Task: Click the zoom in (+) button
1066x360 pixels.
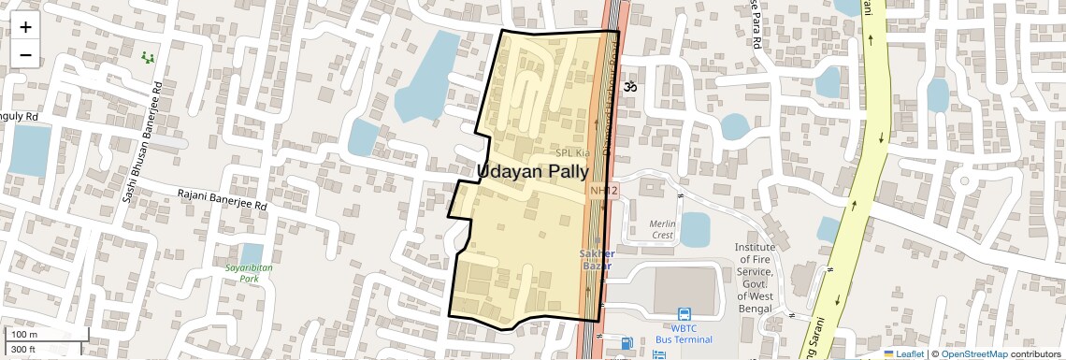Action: [x=25, y=26]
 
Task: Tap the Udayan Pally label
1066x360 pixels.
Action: [x=533, y=171]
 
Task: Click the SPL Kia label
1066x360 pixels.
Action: [x=572, y=152]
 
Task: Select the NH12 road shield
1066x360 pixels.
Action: [x=604, y=191]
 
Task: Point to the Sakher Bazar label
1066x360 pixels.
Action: [x=597, y=259]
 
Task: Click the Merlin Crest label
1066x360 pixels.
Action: [x=662, y=229]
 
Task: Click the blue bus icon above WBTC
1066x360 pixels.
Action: [x=684, y=314]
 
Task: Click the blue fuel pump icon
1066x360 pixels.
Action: [x=627, y=344]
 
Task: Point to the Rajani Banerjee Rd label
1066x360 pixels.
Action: [x=223, y=199]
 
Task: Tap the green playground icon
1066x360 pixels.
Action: [x=147, y=58]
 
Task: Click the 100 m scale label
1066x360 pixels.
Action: [x=24, y=334]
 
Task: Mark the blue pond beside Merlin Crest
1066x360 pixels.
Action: [x=695, y=228]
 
